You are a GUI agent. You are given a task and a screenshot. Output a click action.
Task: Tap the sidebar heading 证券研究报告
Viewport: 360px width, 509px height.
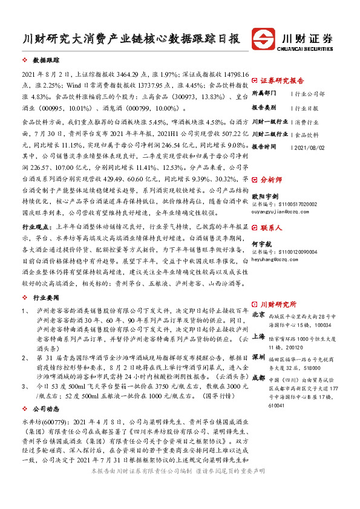coord(282,80)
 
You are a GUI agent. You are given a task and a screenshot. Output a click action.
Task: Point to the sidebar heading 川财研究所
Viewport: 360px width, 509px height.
coord(278,304)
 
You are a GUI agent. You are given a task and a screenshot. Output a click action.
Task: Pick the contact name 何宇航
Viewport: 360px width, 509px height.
coord(261,244)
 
